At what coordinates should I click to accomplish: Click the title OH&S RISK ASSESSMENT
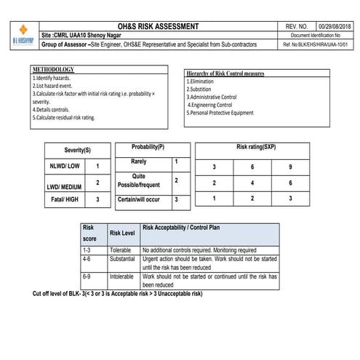157,27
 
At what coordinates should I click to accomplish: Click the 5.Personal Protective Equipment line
220,113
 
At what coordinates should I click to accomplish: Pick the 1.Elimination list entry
201,81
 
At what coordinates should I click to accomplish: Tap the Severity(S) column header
78,150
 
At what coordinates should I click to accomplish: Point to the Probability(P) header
153,148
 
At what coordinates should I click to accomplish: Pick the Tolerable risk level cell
121,249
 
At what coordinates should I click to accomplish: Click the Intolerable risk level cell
121,277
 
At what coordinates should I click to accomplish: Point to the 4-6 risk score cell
87,258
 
